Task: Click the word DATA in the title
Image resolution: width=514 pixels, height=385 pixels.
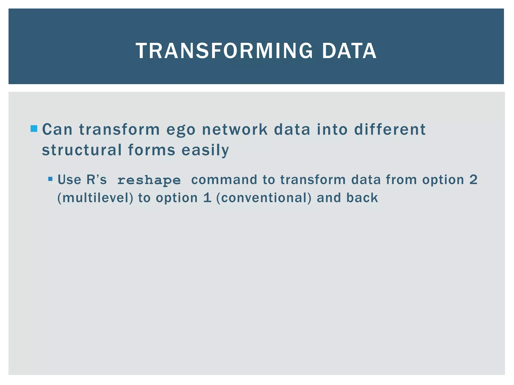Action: tap(349, 51)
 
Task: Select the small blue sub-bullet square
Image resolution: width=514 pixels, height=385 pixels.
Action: tap(50, 179)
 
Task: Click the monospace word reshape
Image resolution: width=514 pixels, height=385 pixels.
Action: tap(149, 180)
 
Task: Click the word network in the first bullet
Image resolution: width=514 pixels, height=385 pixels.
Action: tap(235, 129)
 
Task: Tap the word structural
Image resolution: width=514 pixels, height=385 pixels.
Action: tap(82, 150)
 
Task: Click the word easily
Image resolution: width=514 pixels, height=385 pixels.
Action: tap(205, 150)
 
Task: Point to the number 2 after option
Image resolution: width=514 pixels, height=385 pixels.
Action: tap(473, 180)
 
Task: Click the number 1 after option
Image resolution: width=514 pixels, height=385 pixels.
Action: tap(207, 198)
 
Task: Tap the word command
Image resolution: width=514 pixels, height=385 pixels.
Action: tap(224, 180)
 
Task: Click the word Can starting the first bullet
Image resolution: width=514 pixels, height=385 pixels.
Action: tap(57, 129)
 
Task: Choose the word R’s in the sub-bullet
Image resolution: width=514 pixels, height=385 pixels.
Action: tap(96, 180)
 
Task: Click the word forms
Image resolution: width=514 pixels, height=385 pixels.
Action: tap(152, 150)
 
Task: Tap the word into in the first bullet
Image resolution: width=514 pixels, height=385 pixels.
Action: tap(332, 129)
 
